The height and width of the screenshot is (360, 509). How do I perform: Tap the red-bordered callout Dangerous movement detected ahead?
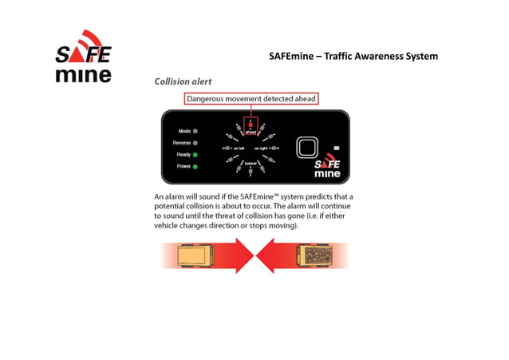251,99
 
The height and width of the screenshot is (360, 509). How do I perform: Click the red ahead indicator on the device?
251,125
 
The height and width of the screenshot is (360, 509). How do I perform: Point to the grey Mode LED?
195,130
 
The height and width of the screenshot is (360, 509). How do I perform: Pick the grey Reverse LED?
195,142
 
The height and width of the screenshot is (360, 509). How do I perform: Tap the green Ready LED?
195,154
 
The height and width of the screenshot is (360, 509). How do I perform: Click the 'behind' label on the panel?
250,163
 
